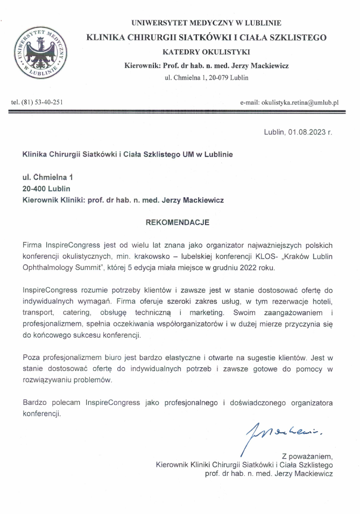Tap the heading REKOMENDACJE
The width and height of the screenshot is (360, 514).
(x=178, y=222)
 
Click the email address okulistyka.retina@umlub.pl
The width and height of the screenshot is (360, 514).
(x=292, y=102)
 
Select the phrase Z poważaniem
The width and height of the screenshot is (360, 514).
(x=304, y=455)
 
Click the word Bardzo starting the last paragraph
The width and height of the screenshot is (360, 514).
(x=33, y=403)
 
